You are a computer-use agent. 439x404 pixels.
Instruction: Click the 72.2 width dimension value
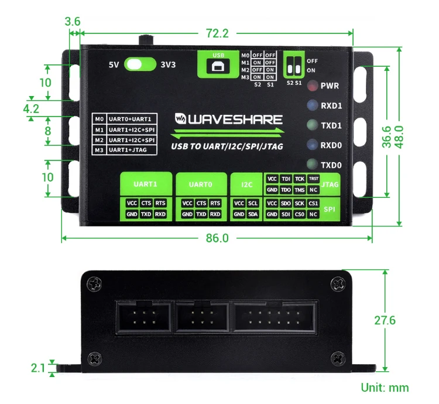pyautogui.click(x=217, y=33)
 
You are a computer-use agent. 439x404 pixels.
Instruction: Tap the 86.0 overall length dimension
pyautogui.click(x=217, y=238)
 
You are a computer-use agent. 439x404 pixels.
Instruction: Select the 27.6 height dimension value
pyautogui.click(x=385, y=320)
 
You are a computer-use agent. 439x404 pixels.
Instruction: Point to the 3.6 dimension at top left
pyautogui.click(x=73, y=22)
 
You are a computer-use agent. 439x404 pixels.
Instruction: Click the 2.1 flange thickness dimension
pyautogui.click(x=38, y=368)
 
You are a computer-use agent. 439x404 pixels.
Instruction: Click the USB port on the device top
pyautogui.click(x=219, y=65)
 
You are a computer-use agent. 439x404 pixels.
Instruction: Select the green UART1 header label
pyautogui.click(x=146, y=184)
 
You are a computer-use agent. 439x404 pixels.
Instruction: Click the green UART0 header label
pyautogui.click(x=201, y=184)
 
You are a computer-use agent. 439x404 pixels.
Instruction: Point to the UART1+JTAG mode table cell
pyautogui.click(x=132, y=150)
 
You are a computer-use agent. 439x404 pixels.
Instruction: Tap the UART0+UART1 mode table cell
pyautogui.click(x=132, y=119)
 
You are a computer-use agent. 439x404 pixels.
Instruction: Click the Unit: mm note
pyautogui.click(x=385, y=388)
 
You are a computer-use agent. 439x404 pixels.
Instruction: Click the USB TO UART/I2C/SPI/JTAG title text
pyautogui.click(x=227, y=146)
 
